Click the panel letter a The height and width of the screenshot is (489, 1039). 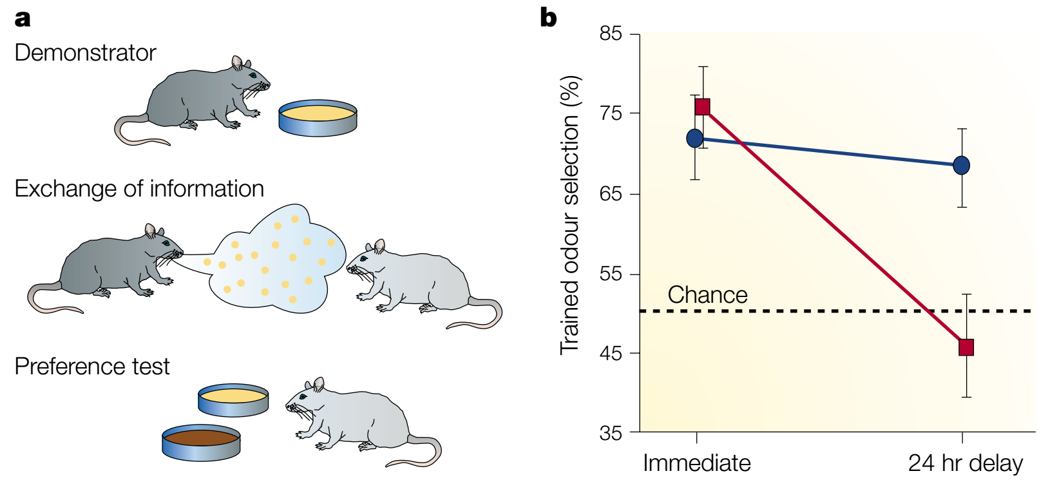tap(23, 19)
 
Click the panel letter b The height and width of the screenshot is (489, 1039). tap(548, 17)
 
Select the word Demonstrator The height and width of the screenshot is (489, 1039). tap(85, 53)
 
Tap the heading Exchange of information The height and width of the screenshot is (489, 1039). tap(139, 189)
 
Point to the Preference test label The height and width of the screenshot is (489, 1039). tap(91, 367)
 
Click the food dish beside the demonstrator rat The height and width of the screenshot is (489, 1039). tap(318, 118)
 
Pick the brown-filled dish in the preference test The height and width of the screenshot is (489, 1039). tap(201, 443)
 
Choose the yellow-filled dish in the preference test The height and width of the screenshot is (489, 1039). tap(233, 400)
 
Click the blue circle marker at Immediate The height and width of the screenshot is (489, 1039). tap(695, 138)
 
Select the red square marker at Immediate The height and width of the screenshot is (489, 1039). tap(703, 106)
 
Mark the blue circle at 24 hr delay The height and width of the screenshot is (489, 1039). tap(961, 166)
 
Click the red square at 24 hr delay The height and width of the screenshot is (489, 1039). tap(966, 348)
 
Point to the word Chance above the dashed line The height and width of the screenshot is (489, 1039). tap(707, 295)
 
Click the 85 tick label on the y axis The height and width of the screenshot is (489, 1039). tap(611, 34)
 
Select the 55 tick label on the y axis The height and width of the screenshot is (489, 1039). tap(611, 274)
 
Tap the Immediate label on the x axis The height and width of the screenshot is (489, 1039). tap(697, 463)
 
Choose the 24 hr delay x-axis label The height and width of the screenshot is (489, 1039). tap(965, 463)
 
